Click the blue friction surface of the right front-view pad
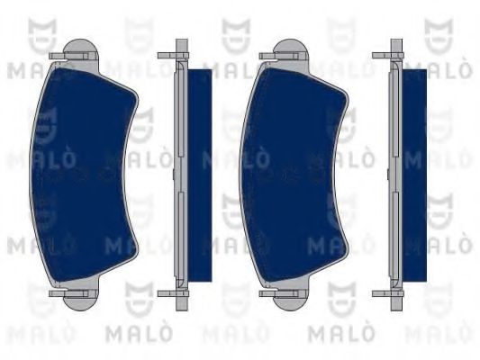[x=288, y=171]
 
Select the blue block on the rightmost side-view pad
[x=415, y=171]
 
